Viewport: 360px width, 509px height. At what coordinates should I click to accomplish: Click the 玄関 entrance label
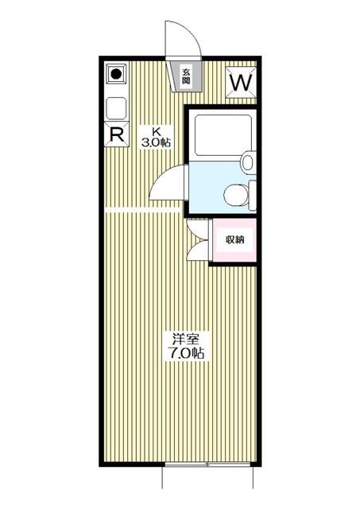click(x=185, y=76)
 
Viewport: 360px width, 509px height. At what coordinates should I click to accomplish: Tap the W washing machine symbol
click(x=241, y=83)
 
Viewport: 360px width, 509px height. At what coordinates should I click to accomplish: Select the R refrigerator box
click(x=117, y=134)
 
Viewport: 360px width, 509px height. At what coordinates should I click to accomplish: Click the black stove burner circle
click(x=116, y=74)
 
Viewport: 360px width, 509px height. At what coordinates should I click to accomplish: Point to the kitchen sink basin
click(x=116, y=108)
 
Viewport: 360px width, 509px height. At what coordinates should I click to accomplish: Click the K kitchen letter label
click(x=157, y=131)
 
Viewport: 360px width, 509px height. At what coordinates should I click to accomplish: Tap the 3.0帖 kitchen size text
click(x=156, y=142)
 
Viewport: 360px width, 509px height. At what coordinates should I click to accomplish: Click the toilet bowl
click(x=236, y=196)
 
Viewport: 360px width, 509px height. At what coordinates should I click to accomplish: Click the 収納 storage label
click(x=234, y=240)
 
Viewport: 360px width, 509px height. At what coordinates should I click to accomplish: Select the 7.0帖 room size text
click(x=185, y=353)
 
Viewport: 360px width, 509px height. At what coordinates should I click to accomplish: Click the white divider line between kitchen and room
click(x=143, y=210)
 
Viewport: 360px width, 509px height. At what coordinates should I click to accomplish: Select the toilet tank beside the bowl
click(x=253, y=196)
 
